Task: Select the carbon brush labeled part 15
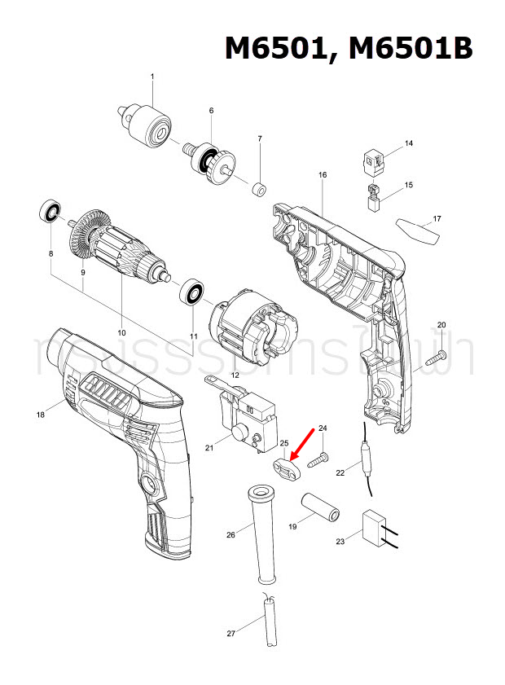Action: tap(373, 198)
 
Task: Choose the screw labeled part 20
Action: tap(437, 355)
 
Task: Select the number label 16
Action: tap(323, 175)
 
